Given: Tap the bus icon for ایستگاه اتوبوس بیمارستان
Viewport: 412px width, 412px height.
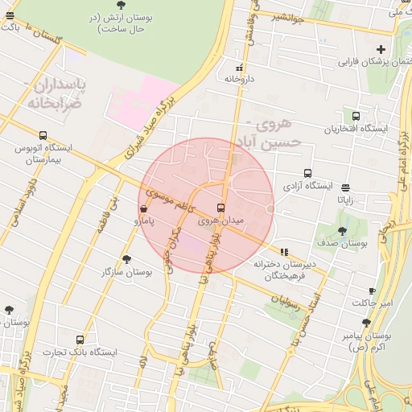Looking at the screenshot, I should [43, 135].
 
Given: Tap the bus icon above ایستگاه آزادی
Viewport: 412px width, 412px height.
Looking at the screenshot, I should [307, 173].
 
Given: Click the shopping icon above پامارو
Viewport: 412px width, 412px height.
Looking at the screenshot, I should [143, 207].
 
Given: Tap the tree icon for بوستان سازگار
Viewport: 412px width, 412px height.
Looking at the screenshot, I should [126, 259].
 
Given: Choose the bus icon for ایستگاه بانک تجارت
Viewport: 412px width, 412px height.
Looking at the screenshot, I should [80, 340].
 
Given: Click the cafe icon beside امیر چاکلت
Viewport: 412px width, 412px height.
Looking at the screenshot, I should [372, 291].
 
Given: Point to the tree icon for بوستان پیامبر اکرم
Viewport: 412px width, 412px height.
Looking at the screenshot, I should [366, 323].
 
